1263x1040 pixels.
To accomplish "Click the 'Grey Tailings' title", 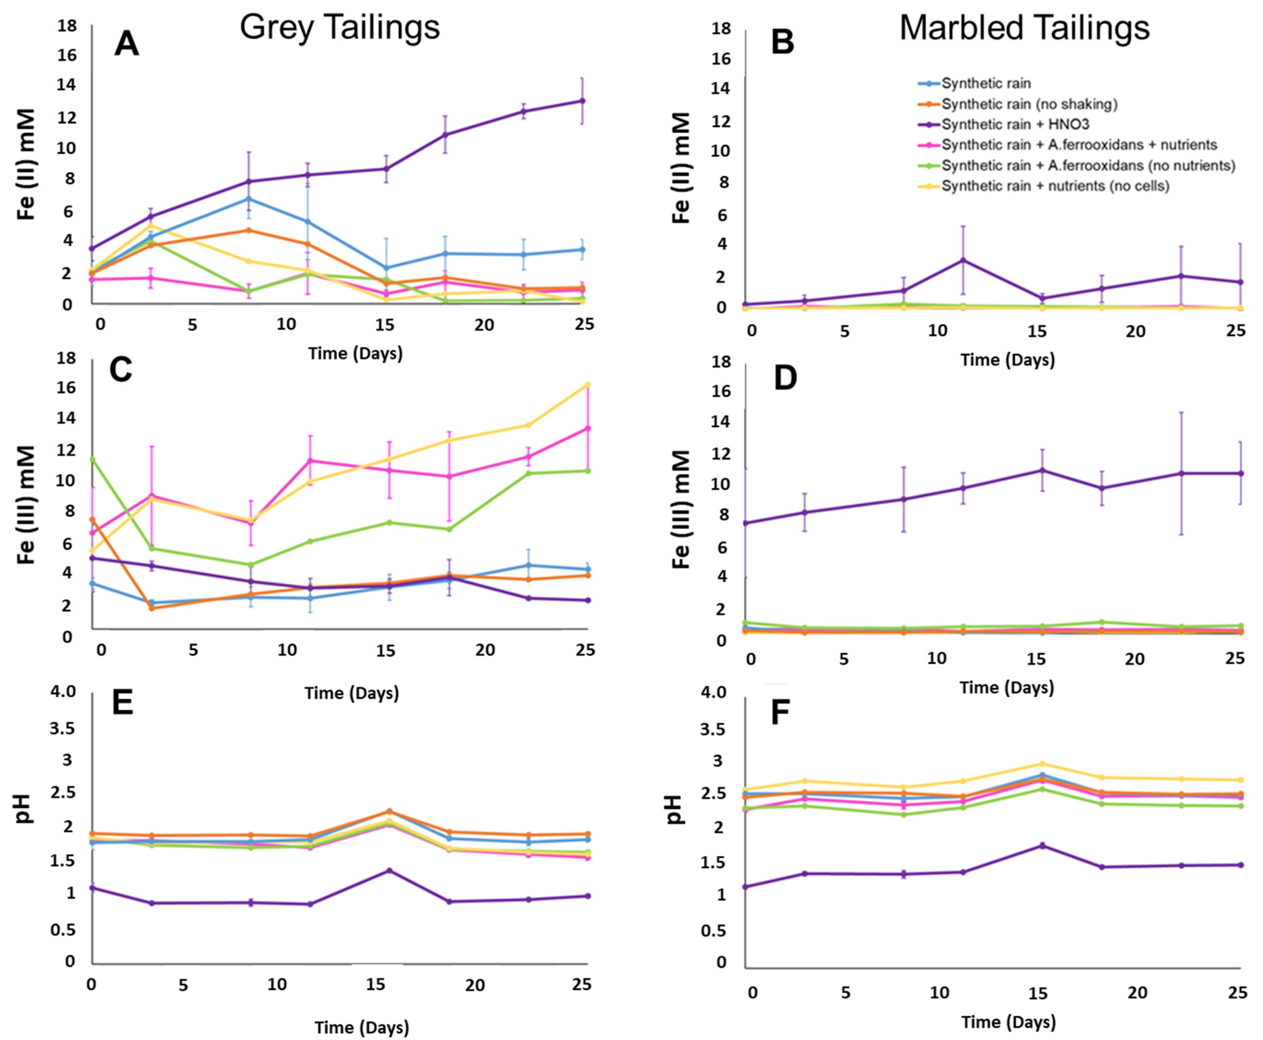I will tap(340, 27).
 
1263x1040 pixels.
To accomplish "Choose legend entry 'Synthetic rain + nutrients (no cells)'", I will tap(1055, 186).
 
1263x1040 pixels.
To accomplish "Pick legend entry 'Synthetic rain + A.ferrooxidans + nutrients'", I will tap(1078, 145).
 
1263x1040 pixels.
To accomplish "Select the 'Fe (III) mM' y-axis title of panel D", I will tap(681, 509).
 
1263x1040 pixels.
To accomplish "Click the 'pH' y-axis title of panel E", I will tap(24, 809).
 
